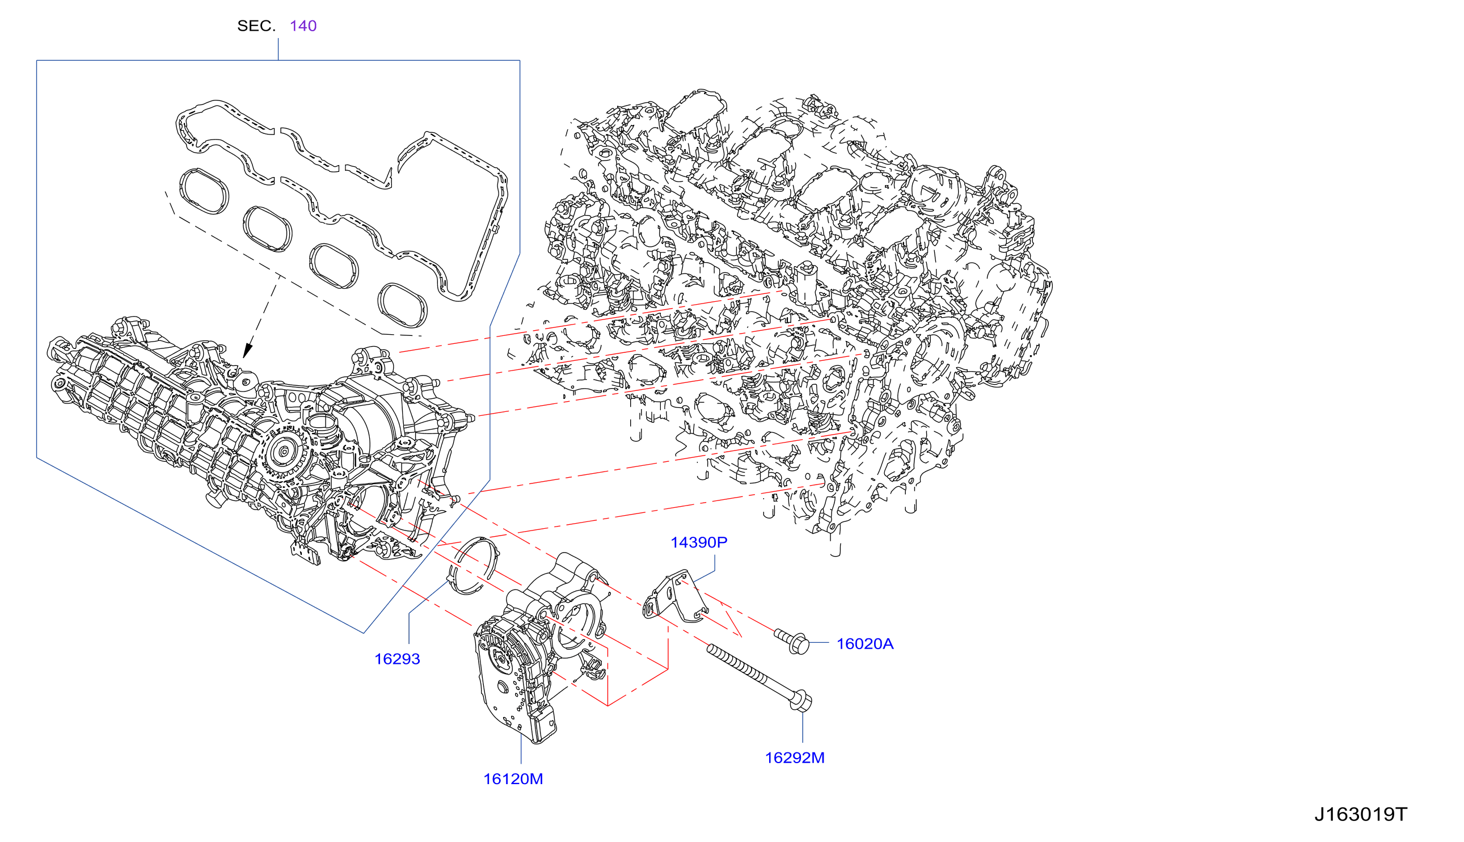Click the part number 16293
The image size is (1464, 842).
[397, 659]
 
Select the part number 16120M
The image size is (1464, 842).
[513, 779]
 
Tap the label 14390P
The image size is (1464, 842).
[699, 542]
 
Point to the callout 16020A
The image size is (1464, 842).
[864, 643]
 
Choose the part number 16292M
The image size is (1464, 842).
[795, 757]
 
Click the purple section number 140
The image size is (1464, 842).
[303, 26]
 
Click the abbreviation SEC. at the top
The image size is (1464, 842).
[256, 26]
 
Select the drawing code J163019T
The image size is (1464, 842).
[1361, 814]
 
